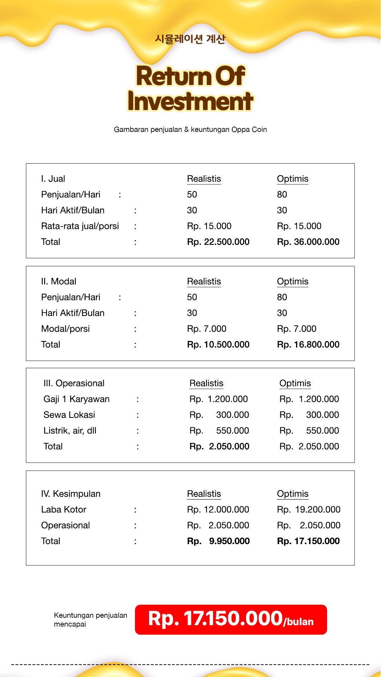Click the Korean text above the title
pyautogui.click(x=190, y=39)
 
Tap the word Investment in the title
pyautogui.click(x=190, y=102)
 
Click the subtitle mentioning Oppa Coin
pyautogui.click(x=190, y=129)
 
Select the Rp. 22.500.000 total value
pyautogui.click(x=218, y=242)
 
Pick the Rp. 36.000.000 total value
pyautogui.click(x=308, y=242)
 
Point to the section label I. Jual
pyautogui.click(x=53, y=179)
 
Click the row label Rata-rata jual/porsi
pyautogui.click(x=80, y=226)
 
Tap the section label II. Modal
pyautogui.click(x=59, y=281)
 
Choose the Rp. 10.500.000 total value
pyautogui.click(x=218, y=344)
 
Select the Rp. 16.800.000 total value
pyautogui.click(x=308, y=344)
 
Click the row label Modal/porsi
pyautogui.click(x=66, y=329)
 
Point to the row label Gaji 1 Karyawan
pyautogui.click(x=76, y=399)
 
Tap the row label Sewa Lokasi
pyautogui.click(x=69, y=415)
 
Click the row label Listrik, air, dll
pyautogui.click(x=70, y=431)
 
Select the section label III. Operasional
pyautogui.click(x=74, y=383)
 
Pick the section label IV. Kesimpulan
pyautogui.click(x=71, y=494)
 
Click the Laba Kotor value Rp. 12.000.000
pyautogui.click(x=218, y=510)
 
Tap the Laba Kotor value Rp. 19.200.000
pyautogui.click(x=309, y=510)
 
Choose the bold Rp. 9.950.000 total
pyautogui.click(x=219, y=541)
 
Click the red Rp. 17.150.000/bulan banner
pyautogui.click(x=231, y=620)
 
